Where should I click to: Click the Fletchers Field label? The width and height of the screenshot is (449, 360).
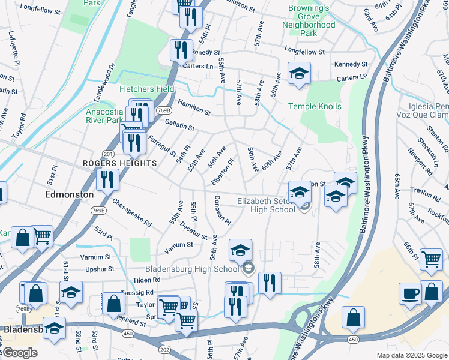tap(147, 89)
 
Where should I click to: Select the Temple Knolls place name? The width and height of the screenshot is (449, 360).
tap(315, 107)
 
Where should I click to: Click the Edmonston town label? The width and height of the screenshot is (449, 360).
tap(70, 195)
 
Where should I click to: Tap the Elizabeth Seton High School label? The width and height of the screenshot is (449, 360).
tap(267, 205)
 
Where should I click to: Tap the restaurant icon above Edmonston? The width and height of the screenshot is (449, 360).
tap(107, 178)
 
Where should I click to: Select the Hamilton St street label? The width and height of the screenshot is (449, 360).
tap(193, 107)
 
